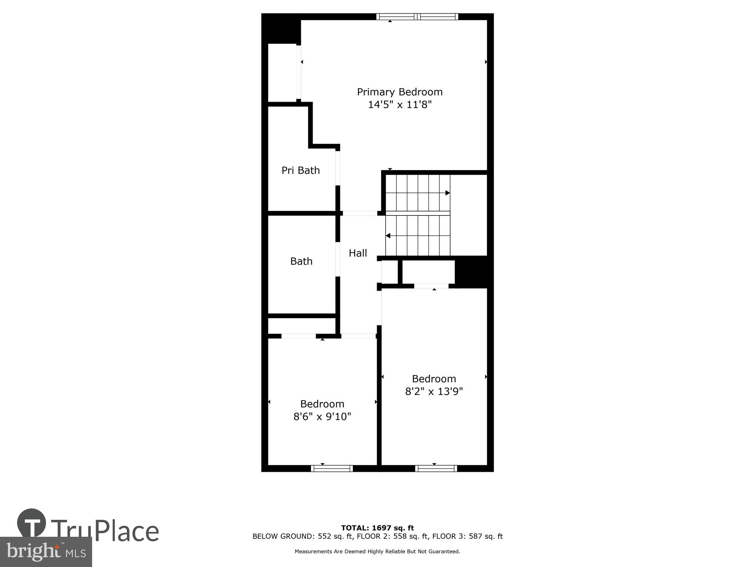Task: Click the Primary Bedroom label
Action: [x=399, y=92]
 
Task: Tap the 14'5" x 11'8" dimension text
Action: [x=399, y=105]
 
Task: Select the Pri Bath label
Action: [x=300, y=170]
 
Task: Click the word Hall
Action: [x=357, y=253]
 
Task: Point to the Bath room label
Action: [x=301, y=261]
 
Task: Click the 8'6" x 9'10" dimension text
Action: [x=322, y=417]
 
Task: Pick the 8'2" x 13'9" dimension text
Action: [x=434, y=391]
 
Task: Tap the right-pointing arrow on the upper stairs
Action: [x=447, y=193]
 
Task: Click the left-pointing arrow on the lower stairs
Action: [x=388, y=236]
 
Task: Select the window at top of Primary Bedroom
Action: [x=417, y=17]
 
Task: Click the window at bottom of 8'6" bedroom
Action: [x=332, y=468]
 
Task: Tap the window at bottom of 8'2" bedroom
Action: [x=436, y=468]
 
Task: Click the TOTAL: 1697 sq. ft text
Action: [x=377, y=528]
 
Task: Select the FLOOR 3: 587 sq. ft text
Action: [x=467, y=536]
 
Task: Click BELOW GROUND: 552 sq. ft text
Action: [x=302, y=536]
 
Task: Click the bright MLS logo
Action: [x=46, y=552]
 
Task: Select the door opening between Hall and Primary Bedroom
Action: [x=360, y=213]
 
